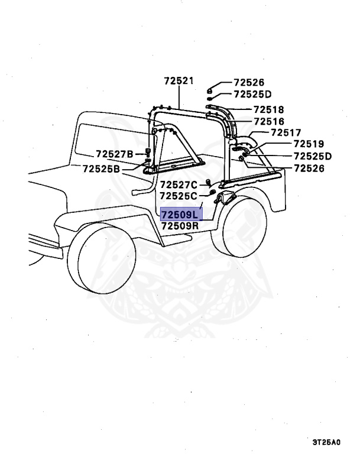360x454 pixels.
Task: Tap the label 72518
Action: pyautogui.click(x=268, y=110)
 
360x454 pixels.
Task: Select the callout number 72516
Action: pyautogui.click(x=268, y=122)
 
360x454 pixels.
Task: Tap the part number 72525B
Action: pyautogui.click(x=101, y=168)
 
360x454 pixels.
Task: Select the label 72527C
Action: pyautogui.click(x=181, y=184)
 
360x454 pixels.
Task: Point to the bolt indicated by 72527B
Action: pyautogui.click(x=147, y=152)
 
